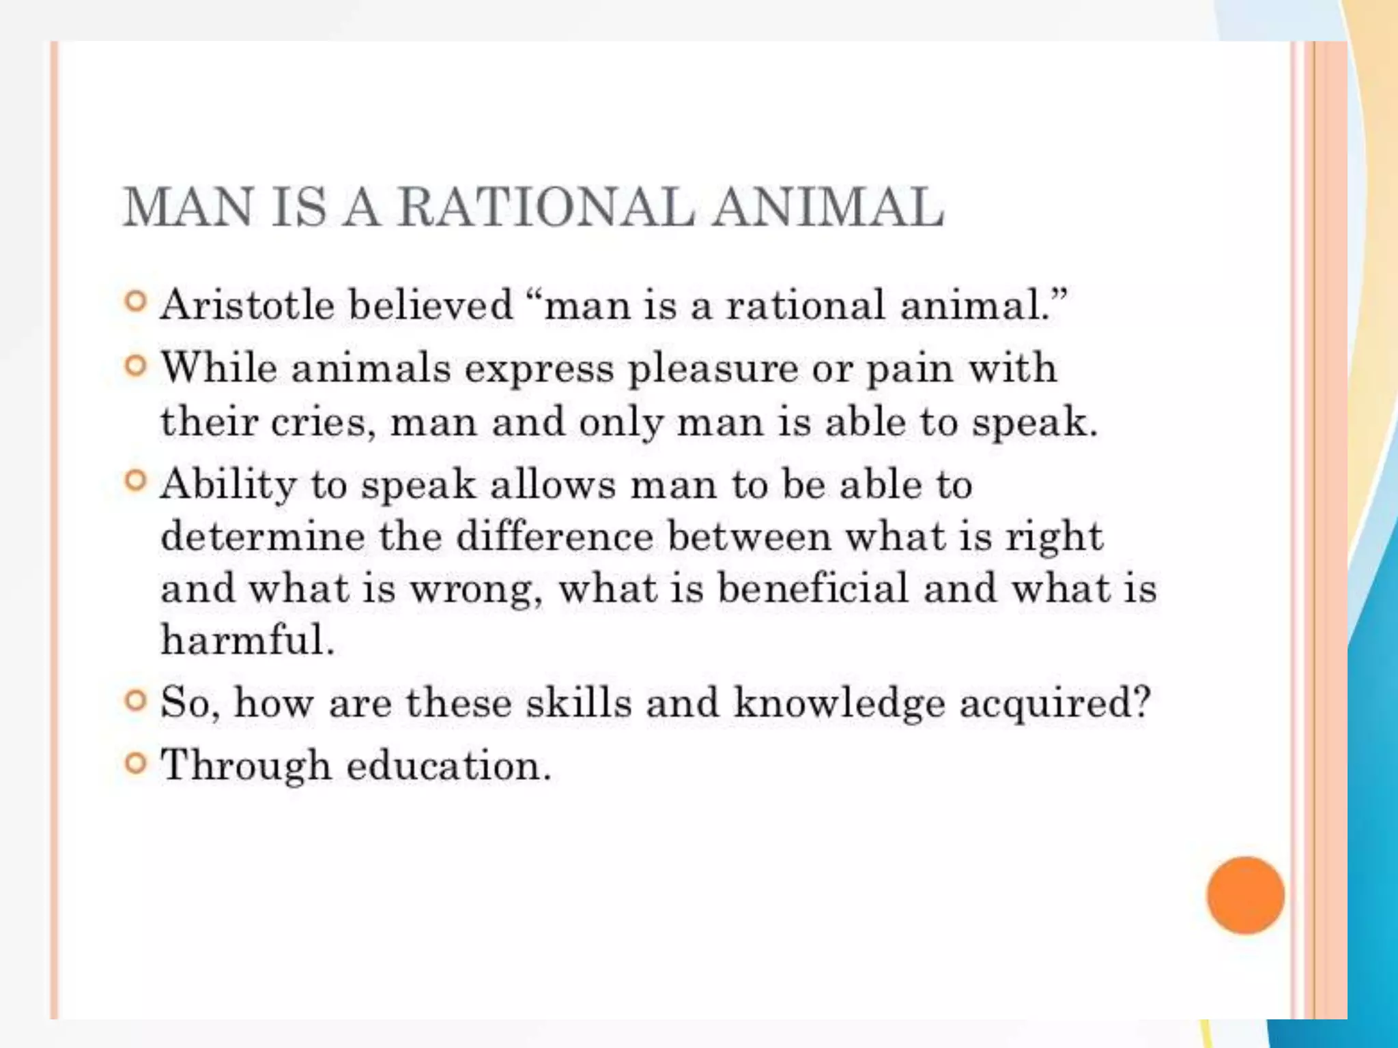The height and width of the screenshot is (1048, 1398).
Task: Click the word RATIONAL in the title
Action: (x=546, y=207)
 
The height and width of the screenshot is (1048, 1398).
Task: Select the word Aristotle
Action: (x=247, y=304)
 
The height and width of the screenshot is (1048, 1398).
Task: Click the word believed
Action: (x=430, y=304)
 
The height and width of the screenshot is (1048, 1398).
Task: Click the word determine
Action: (x=263, y=536)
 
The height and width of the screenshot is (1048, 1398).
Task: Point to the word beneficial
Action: (x=813, y=588)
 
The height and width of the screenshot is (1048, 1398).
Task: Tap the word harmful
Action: (x=247, y=640)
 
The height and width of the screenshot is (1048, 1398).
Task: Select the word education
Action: (x=448, y=766)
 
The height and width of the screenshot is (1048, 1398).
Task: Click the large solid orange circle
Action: (x=1245, y=894)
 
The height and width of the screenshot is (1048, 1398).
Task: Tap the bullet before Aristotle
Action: (x=136, y=301)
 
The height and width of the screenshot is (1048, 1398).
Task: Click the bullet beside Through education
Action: (x=136, y=762)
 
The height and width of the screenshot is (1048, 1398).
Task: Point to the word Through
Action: (x=246, y=766)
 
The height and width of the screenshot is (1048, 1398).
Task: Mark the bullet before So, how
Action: (x=136, y=700)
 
